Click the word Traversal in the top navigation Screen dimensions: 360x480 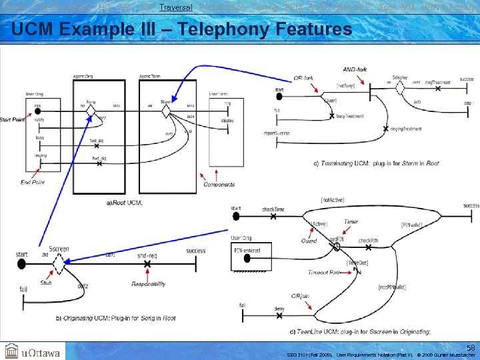point(176,7)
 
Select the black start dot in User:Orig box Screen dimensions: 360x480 point(37,109)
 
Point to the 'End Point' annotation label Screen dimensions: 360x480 point(33,182)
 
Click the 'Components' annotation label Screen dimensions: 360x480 point(219,185)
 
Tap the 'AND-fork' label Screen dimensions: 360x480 point(355,69)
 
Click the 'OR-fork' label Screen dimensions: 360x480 point(303,78)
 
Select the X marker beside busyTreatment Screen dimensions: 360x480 point(331,116)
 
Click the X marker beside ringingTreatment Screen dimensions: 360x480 point(386,128)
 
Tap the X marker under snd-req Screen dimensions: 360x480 point(147,265)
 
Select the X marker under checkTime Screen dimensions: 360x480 point(273,216)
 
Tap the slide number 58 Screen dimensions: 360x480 point(470,348)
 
